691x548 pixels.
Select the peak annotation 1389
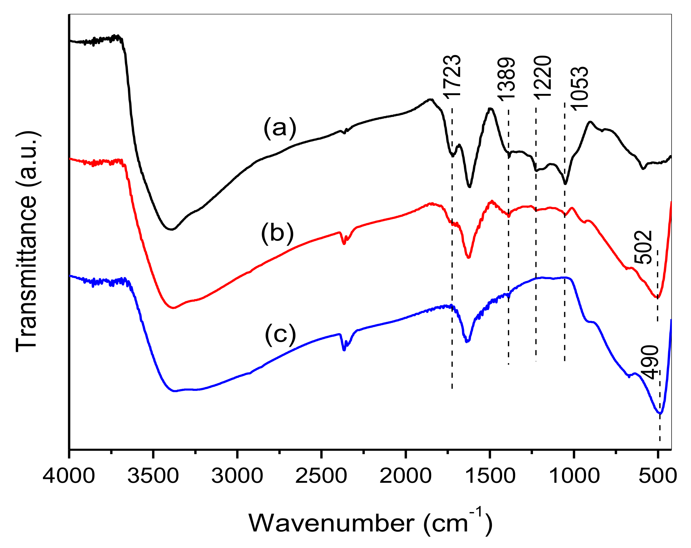506,80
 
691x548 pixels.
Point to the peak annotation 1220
542,78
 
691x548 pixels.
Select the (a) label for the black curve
280,128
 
